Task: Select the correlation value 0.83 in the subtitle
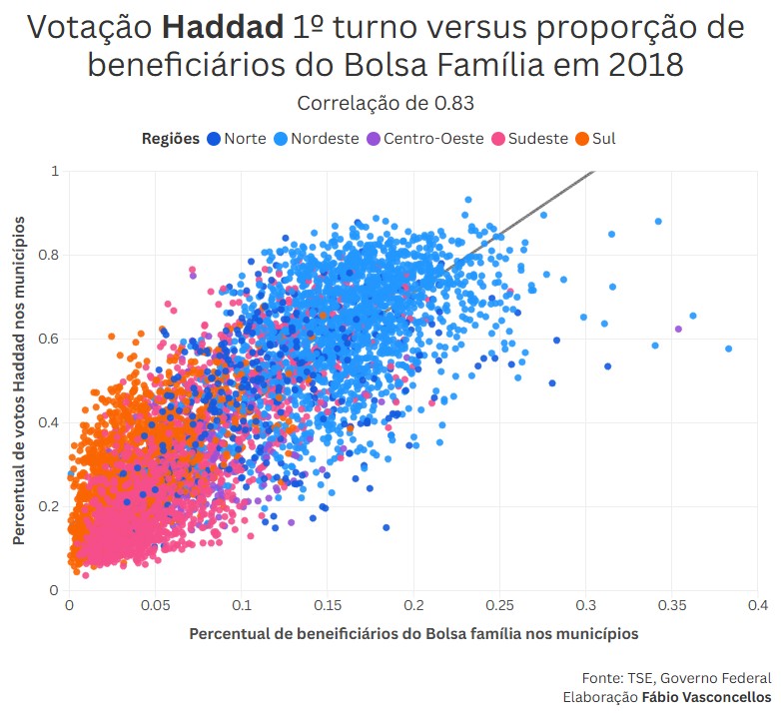click(x=455, y=103)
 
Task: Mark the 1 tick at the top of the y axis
click(x=55, y=171)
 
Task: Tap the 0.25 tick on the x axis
click(x=499, y=605)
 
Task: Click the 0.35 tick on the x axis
click(x=672, y=605)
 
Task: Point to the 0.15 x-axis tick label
click(x=327, y=605)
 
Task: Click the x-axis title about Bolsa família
click(x=413, y=634)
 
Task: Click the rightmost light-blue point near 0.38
click(x=729, y=349)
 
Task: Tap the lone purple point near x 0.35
click(x=678, y=329)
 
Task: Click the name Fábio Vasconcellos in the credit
click(x=706, y=697)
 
